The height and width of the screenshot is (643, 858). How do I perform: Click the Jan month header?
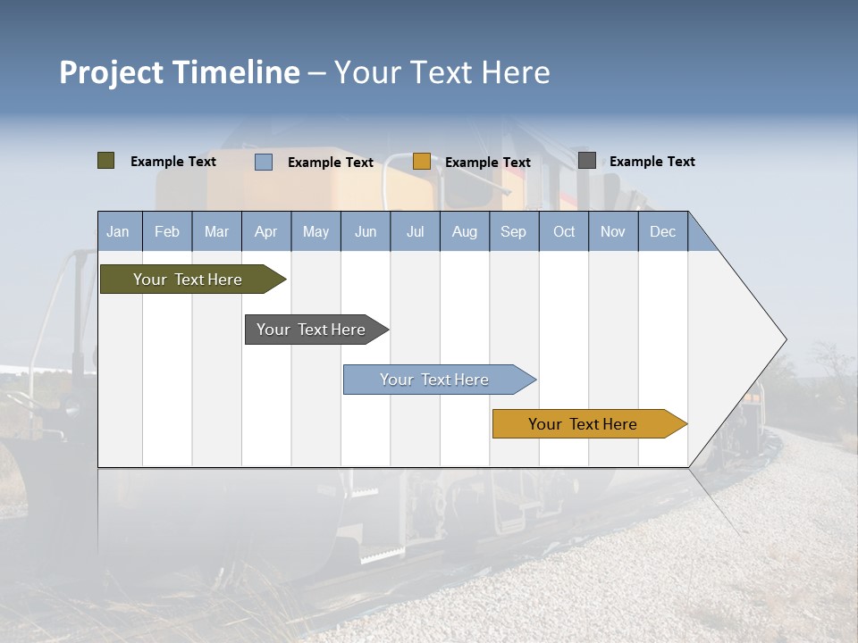coord(118,232)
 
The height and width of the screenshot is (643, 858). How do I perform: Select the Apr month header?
coord(265,232)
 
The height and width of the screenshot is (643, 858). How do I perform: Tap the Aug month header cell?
coord(464,232)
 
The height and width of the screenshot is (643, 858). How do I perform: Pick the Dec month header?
coord(662,232)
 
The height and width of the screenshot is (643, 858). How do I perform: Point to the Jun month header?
coord(365,232)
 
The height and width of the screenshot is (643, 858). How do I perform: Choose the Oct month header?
coord(563,232)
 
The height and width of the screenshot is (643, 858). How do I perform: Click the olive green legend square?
coord(105,161)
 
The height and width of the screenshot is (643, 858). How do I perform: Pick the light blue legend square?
coord(264,162)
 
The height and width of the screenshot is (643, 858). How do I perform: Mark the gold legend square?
coord(421,162)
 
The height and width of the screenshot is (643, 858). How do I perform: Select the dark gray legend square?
coord(586,161)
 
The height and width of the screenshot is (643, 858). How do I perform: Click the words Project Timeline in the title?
coord(179,72)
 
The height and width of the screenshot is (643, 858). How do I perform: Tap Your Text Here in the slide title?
coord(442,72)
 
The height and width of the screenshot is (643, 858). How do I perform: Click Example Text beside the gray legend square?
coord(652,162)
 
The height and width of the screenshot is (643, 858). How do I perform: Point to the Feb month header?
coord(167,232)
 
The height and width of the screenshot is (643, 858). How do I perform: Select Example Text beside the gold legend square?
coord(487,163)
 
